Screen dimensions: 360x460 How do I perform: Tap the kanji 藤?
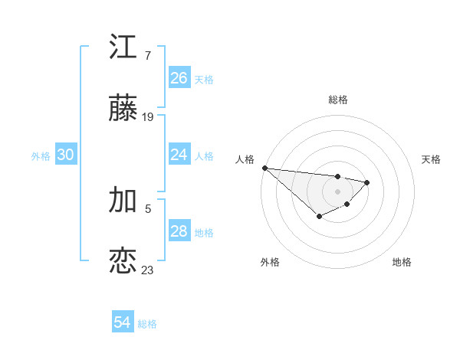123,110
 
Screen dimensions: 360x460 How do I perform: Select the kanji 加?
123,200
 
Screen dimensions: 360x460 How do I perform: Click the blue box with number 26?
179,77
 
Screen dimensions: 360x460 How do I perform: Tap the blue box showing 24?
179,155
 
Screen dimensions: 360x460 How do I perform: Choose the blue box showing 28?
179,231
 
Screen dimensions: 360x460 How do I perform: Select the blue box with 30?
66,155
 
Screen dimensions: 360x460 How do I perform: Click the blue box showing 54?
123,322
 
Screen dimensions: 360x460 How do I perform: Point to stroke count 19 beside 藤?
148,117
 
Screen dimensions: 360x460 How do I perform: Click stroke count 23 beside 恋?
148,270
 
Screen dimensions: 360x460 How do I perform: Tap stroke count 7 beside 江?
148,55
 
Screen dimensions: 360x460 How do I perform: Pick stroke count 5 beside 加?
148,208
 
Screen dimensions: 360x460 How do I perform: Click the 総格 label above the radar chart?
338,100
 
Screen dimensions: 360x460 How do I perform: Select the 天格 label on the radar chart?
432,159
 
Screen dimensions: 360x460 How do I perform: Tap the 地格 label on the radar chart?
402,262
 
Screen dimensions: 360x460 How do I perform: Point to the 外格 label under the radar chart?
270,262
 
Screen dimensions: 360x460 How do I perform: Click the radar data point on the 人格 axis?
264,168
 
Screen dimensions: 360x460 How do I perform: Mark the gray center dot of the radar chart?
338,191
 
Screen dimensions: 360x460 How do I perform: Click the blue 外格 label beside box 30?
41,155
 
